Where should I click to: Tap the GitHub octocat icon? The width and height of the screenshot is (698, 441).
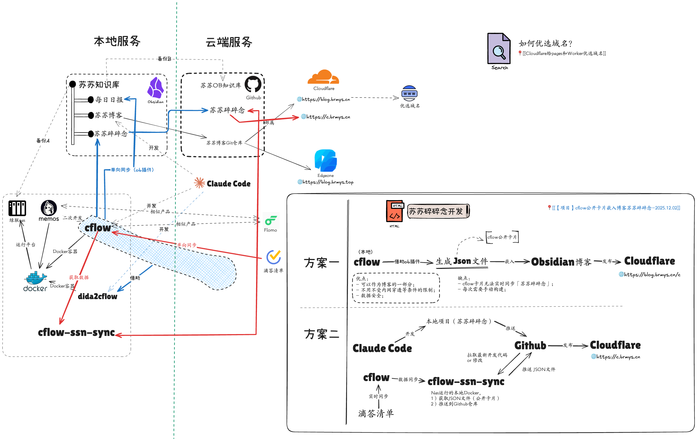click(253, 84)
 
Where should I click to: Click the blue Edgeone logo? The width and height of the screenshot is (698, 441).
click(326, 161)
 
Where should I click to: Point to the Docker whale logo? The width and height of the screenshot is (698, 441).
click(35, 278)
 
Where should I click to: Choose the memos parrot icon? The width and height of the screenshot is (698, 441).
click(49, 208)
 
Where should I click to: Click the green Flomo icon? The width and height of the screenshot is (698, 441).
click(271, 220)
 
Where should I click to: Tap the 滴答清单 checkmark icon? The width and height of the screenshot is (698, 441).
click(274, 257)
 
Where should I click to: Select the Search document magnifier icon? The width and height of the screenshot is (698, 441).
click(499, 48)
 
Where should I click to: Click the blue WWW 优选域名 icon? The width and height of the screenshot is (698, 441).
click(409, 93)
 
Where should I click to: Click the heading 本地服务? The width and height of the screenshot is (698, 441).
click(117, 41)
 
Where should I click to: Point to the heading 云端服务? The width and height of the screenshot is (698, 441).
click(229, 42)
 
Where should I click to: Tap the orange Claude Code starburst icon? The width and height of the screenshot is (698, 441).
click(199, 183)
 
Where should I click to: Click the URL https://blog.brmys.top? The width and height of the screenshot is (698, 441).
click(328, 182)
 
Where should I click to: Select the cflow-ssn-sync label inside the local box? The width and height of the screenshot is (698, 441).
click(76, 332)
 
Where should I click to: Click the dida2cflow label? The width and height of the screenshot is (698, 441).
click(97, 296)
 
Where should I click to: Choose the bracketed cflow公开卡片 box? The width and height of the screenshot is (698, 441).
click(502, 237)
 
